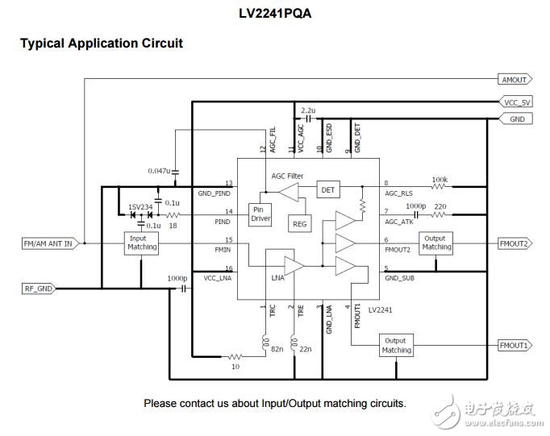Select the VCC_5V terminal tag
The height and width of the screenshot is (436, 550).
[x=515, y=103]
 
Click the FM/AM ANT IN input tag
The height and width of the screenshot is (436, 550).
[x=47, y=243]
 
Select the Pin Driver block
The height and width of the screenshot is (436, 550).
[x=260, y=214]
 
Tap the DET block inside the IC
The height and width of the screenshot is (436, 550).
[x=327, y=189]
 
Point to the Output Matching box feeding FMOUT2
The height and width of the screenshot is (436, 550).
[x=436, y=243]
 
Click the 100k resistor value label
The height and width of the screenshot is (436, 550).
[x=440, y=180]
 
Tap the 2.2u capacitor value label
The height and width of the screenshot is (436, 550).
[x=307, y=110]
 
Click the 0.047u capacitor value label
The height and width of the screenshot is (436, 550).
[x=160, y=171]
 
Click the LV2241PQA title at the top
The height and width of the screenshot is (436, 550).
[x=274, y=14]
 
